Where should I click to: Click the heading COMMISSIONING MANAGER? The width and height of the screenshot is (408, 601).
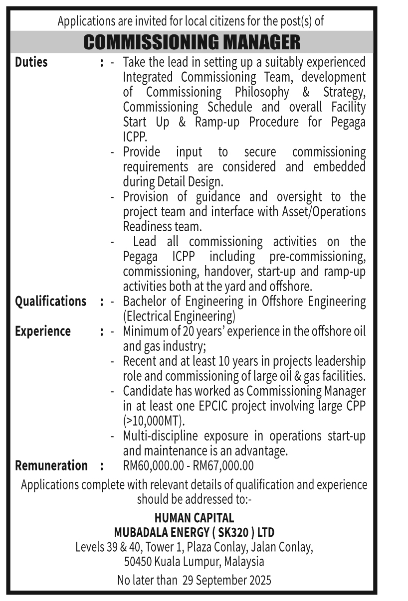tap(192, 42)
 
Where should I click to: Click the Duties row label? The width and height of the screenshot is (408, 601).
tap(31, 62)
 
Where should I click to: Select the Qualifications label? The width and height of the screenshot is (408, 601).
tap(50, 301)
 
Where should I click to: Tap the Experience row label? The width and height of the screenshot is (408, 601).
tap(43, 331)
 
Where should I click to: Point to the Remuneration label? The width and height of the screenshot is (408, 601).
tap(51, 465)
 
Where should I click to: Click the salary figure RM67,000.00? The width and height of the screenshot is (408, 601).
tap(223, 465)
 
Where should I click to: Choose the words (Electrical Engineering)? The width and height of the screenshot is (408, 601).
tap(179, 316)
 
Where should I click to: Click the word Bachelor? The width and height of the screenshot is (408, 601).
tap(143, 301)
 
